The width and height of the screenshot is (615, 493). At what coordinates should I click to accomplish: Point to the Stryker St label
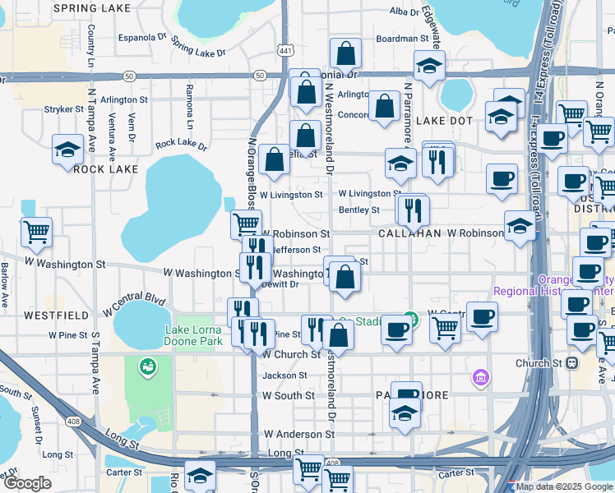coord(59,108)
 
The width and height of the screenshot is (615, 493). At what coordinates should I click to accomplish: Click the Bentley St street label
coord(359,210)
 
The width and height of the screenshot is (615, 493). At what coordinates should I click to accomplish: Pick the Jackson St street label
coord(284,376)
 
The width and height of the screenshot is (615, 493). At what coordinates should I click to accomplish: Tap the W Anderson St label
coord(293,434)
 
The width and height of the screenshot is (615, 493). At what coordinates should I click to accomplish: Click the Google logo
coord(27,483)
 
